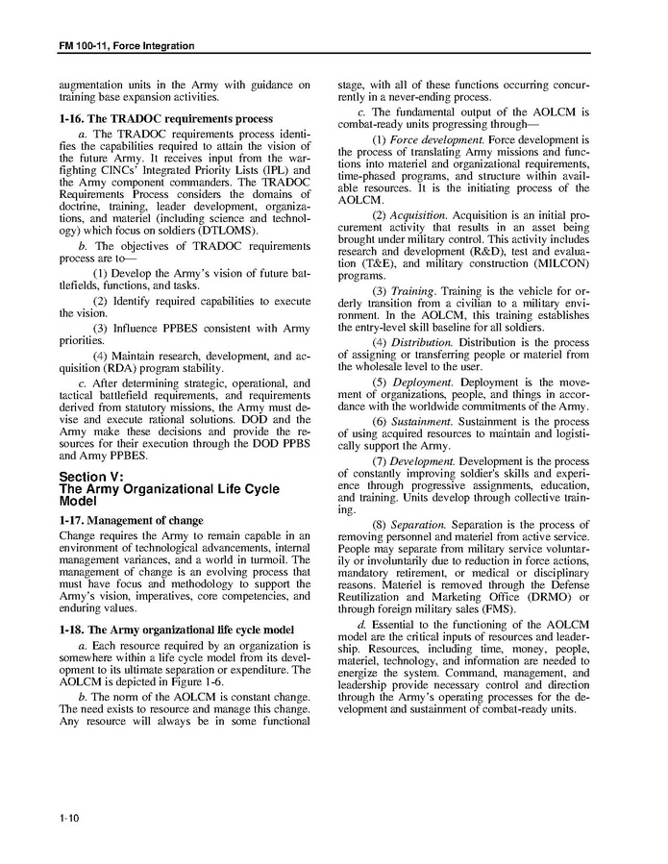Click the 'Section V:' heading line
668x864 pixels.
(x=91, y=478)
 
